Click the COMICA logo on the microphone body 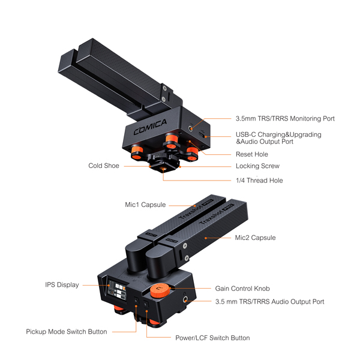tap(150, 127)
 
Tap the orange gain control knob tap(160, 290)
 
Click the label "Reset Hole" tap(252, 154)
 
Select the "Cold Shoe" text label tap(104, 166)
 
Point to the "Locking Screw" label tap(257, 166)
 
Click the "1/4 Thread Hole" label tap(259, 181)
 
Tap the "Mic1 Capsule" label tap(145, 205)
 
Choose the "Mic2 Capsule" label tap(256, 238)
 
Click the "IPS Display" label tap(62, 285)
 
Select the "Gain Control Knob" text tap(242, 289)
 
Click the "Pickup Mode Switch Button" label tap(67, 332)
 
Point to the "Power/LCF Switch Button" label tap(212, 338)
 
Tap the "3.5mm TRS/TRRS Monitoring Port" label tap(285, 118)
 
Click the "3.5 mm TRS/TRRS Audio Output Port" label tap(269, 302)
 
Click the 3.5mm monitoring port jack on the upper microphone tap(191, 128)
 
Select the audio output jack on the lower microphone tap(185, 299)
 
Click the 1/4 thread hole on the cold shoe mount tap(163, 169)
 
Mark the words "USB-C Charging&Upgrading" tap(278, 134)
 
